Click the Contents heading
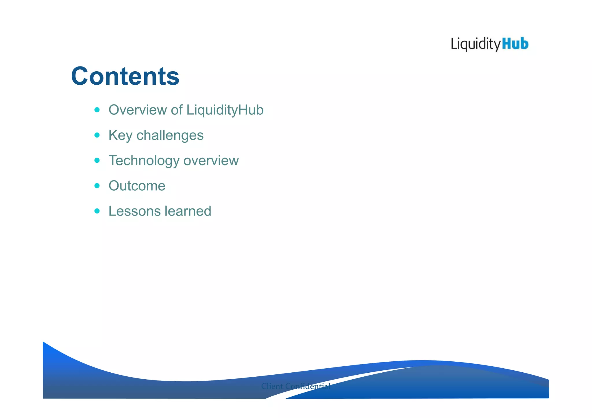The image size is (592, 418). pyautogui.click(x=125, y=76)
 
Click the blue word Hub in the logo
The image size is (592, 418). pyautogui.click(x=515, y=44)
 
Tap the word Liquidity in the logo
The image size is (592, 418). pyautogui.click(x=476, y=45)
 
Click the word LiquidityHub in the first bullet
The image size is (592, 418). pyautogui.click(x=225, y=110)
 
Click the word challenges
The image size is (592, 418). pyautogui.click(x=170, y=135)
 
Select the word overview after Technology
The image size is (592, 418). pyautogui.click(x=211, y=161)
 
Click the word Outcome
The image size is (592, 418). pyautogui.click(x=137, y=186)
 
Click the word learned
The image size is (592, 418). pyautogui.click(x=188, y=211)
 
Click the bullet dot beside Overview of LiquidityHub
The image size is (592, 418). pyautogui.click(x=97, y=110)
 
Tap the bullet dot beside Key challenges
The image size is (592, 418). pyautogui.click(x=97, y=135)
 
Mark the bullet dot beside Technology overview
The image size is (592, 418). pyautogui.click(x=97, y=160)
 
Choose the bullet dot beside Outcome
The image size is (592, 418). pyautogui.click(x=97, y=185)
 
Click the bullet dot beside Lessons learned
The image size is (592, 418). pyautogui.click(x=97, y=211)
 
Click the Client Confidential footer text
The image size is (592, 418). pyautogui.click(x=296, y=386)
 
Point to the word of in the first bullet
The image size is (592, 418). pyautogui.click(x=177, y=110)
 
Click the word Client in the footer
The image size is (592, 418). pyautogui.click(x=272, y=386)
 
